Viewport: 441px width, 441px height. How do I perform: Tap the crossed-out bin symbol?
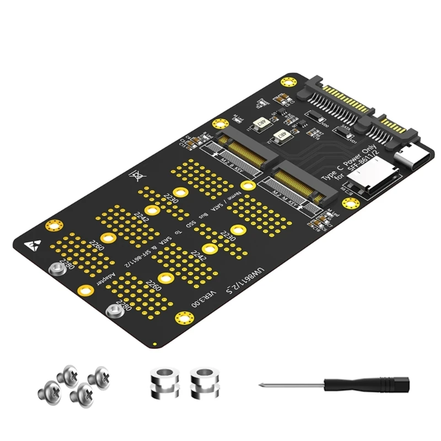[x=134, y=177]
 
